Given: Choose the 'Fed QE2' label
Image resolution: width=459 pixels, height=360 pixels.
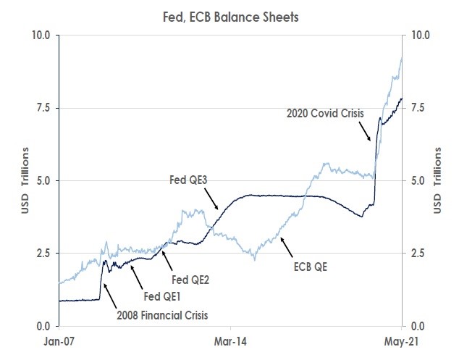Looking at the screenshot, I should point(190,280).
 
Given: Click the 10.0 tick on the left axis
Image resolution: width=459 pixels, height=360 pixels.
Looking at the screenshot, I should point(41,35).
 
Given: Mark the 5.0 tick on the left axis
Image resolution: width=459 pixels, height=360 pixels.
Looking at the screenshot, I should point(43,180).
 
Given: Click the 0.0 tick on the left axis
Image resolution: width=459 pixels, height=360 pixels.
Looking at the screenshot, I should point(43,326).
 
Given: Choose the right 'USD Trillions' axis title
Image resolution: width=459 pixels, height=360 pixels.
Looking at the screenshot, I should point(438,180).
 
